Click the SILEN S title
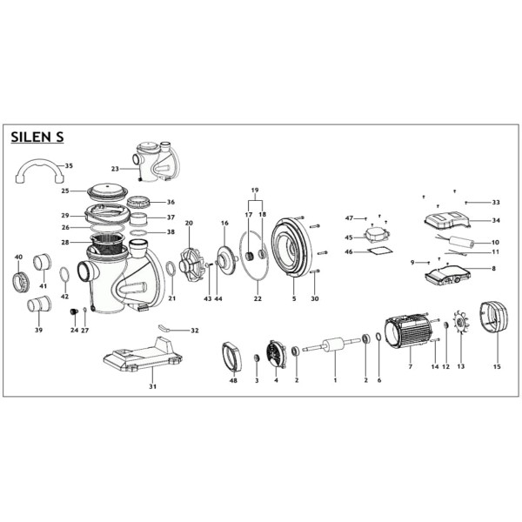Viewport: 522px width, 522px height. tap(37, 137)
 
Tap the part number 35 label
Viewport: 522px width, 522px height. tap(69, 166)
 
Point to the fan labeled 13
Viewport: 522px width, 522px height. tap(461, 322)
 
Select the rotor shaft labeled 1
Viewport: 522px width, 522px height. tap(333, 345)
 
